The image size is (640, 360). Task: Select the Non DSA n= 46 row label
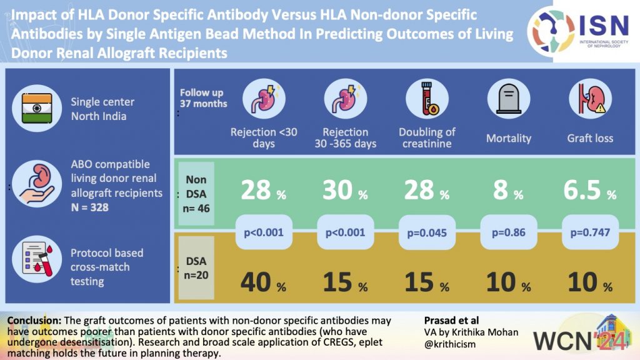click(197, 192)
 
